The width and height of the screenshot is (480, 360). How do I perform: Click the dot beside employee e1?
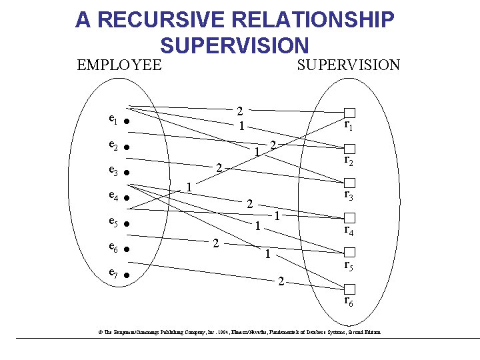point(126,122)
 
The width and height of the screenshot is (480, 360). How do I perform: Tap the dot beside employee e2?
point(126,147)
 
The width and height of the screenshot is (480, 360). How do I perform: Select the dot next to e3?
point(126,173)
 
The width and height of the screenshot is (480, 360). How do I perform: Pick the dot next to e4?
point(126,199)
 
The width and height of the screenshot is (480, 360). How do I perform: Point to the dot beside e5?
point(126,224)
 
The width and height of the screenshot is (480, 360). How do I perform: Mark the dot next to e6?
point(126,249)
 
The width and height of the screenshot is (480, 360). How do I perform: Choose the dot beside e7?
point(126,275)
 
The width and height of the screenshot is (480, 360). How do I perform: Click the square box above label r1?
point(350,113)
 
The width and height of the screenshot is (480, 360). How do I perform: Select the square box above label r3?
point(350,183)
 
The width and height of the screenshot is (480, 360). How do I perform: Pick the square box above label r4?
point(350,218)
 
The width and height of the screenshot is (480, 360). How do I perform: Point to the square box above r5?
point(350,253)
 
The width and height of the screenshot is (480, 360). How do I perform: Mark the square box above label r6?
point(350,288)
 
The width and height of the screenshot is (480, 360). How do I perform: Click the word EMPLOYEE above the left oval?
point(119,65)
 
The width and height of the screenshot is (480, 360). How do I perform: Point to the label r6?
point(349,301)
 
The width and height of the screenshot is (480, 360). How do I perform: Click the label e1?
point(113,120)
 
